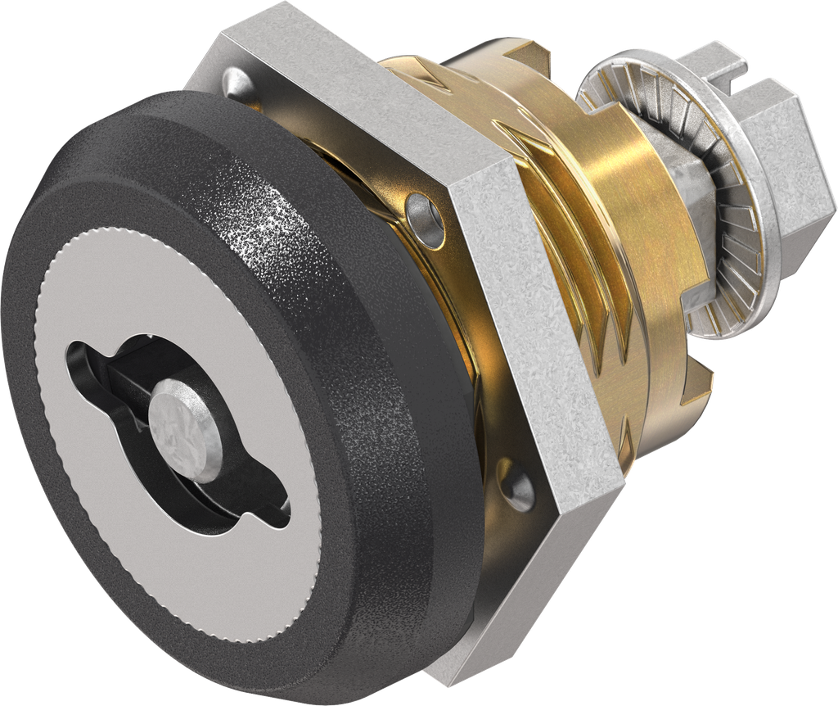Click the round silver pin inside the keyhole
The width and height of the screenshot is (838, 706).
[x=185, y=420]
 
